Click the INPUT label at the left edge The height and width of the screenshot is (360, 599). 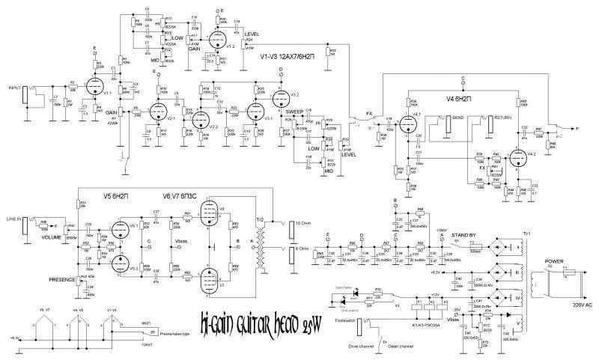click(x=13, y=86)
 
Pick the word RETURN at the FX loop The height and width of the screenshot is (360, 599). click(x=501, y=118)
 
